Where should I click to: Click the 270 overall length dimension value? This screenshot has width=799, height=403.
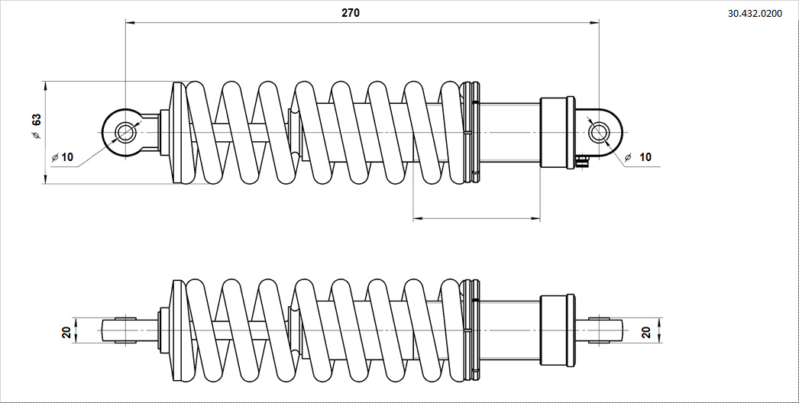point(350,13)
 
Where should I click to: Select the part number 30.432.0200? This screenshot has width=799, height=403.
point(755,13)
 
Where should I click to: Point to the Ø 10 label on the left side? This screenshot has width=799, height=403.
point(63,157)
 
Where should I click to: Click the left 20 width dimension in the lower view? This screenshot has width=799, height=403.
point(66,331)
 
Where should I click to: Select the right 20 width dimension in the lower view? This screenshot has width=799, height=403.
point(646,331)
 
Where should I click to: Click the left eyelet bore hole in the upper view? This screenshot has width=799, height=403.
point(125,133)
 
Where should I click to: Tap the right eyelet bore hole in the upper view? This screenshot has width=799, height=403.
point(599,133)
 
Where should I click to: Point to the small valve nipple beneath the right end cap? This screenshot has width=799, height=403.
point(583,160)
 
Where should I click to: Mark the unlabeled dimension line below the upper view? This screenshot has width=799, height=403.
point(476,219)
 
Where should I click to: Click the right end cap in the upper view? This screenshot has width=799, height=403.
point(557,132)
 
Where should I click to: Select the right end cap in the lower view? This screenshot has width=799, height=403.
point(557,330)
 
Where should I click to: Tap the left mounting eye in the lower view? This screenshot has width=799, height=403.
point(120,330)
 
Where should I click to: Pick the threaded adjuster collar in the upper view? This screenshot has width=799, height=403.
point(471,133)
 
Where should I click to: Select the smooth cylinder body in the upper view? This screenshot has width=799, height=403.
point(509,132)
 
